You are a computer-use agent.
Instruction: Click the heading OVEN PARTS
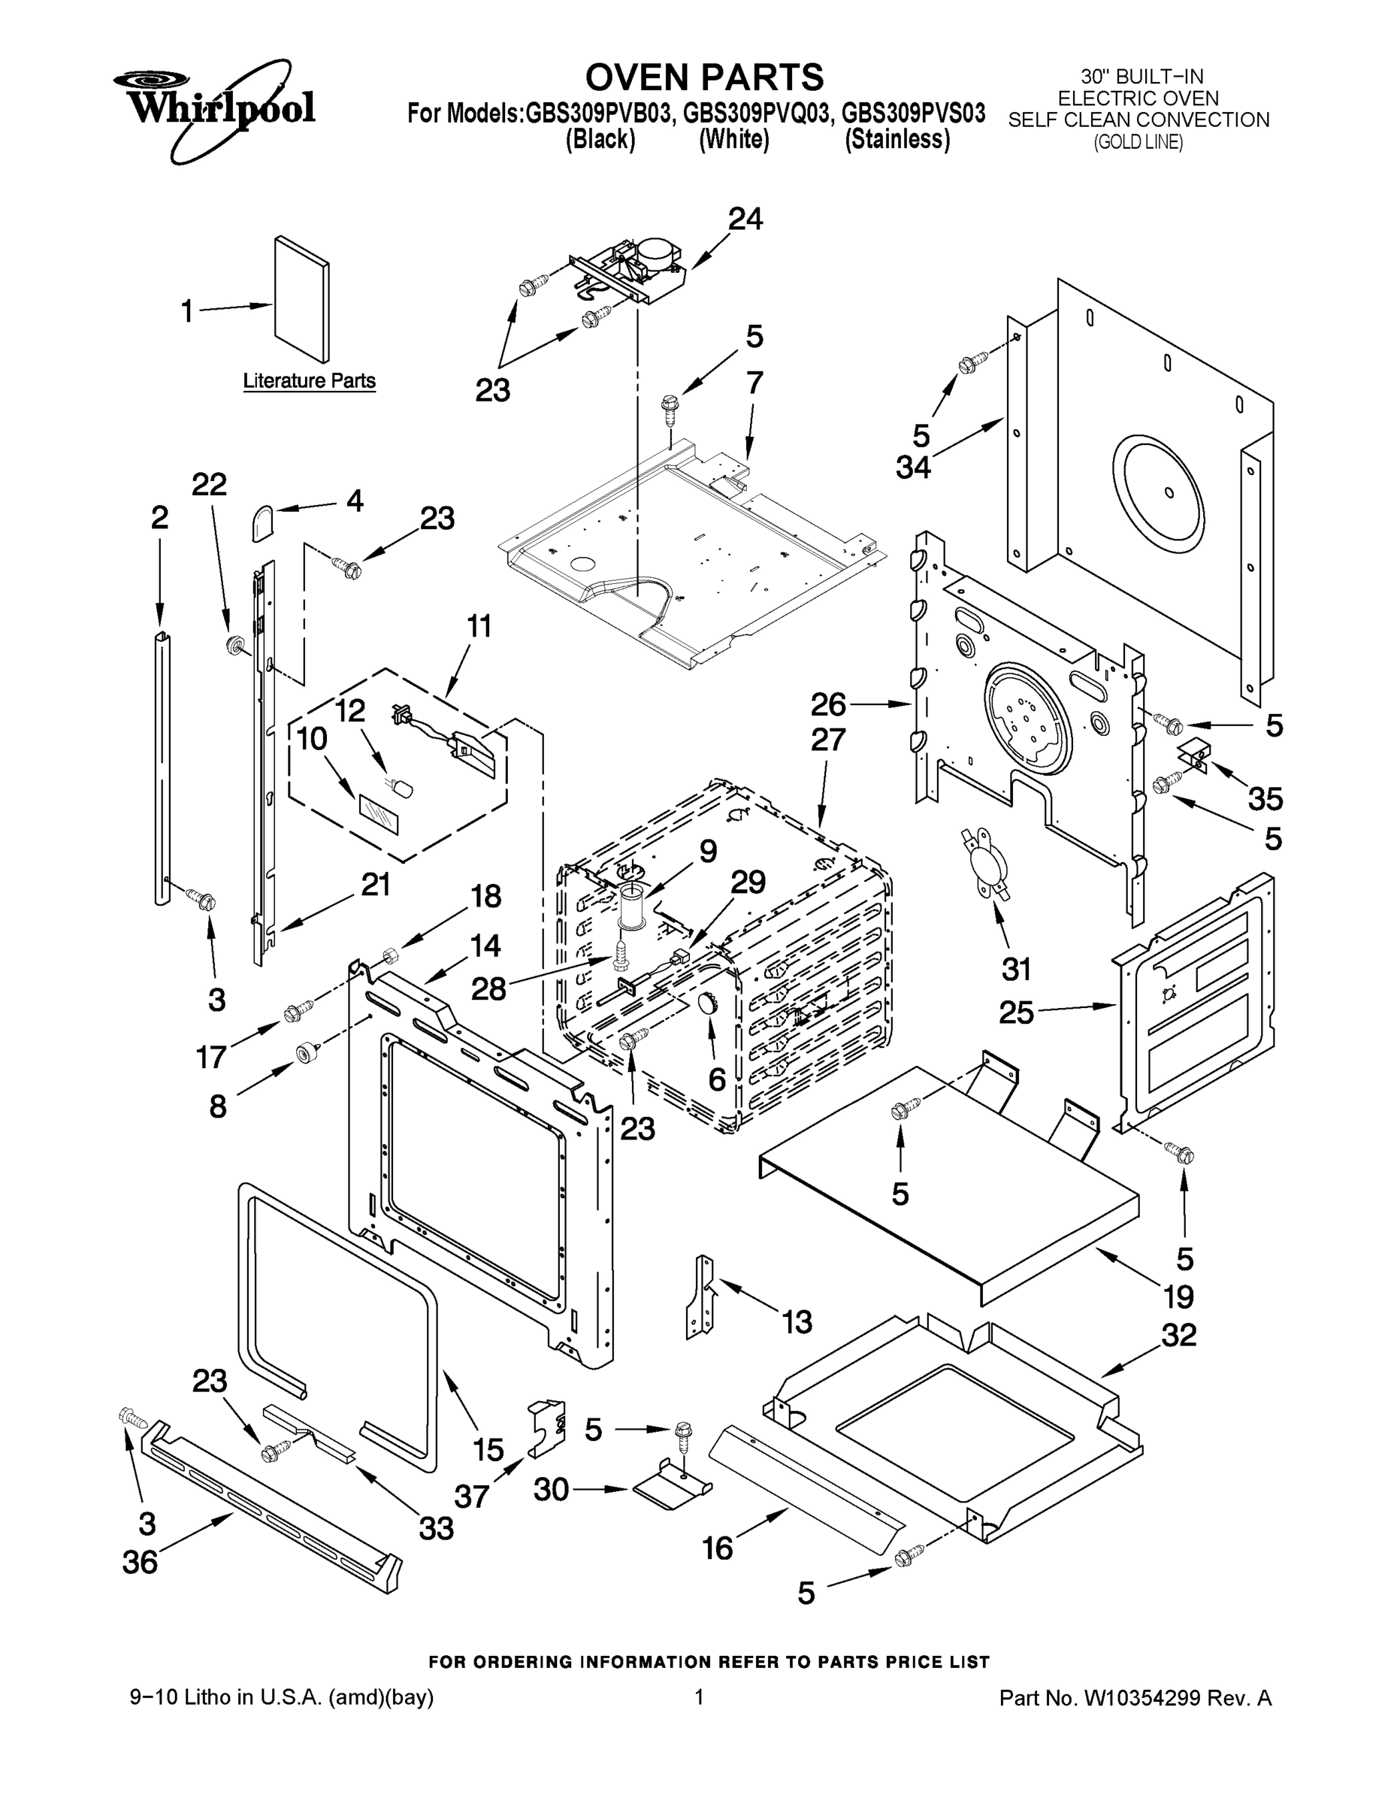point(703,77)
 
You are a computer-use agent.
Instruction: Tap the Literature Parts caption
point(309,381)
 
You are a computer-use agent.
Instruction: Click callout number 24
point(745,219)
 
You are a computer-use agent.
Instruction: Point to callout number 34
point(913,468)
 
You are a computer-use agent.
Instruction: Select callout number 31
point(1016,968)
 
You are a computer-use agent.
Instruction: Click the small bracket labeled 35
point(1195,753)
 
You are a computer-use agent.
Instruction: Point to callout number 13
point(797,1321)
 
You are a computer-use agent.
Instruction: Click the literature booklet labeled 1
point(301,299)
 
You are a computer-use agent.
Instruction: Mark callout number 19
point(1178,1297)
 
